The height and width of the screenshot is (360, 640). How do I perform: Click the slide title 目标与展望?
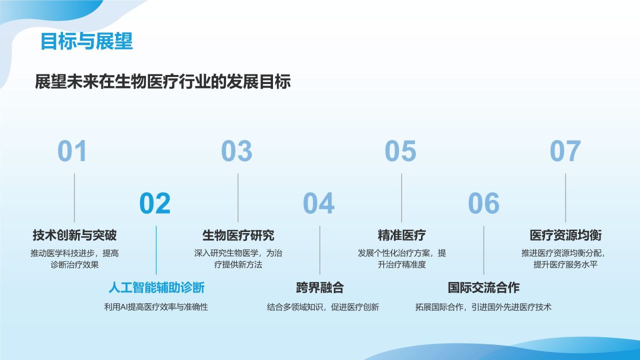click(x=86, y=41)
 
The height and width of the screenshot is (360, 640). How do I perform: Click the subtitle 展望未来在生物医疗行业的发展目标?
click(x=163, y=81)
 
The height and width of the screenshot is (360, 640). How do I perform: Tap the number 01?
click(x=72, y=151)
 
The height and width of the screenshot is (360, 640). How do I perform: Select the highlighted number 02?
click(x=155, y=203)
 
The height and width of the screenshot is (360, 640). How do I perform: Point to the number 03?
click(x=236, y=151)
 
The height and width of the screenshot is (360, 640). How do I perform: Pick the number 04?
click(x=318, y=203)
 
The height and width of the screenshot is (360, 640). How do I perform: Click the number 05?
click(x=400, y=151)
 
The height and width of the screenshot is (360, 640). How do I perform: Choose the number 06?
click(x=483, y=203)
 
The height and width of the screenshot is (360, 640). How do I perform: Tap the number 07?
click(x=565, y=151)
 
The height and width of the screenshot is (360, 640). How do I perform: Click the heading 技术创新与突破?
click(x=74, y=234)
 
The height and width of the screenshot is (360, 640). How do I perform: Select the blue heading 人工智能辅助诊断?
click(x=156, y=287)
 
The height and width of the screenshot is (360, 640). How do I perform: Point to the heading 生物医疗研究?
click(x=238, y=234)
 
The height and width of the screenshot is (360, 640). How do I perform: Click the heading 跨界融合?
click(x=320, y=287)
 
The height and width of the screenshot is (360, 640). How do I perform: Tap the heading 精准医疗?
click(x=401, y=234)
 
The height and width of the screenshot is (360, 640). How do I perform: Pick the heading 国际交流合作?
click(x=483, y=287)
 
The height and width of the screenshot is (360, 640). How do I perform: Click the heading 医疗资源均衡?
click(x=565, y=234)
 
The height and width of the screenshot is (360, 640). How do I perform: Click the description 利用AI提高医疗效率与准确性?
click(x=156, y=307)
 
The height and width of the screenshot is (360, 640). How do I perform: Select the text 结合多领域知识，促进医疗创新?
click(x=323, y=307)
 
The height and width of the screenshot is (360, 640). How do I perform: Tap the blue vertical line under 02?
click(x=156, y=250)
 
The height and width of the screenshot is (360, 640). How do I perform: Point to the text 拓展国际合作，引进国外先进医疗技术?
click(x=483, y=307)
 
